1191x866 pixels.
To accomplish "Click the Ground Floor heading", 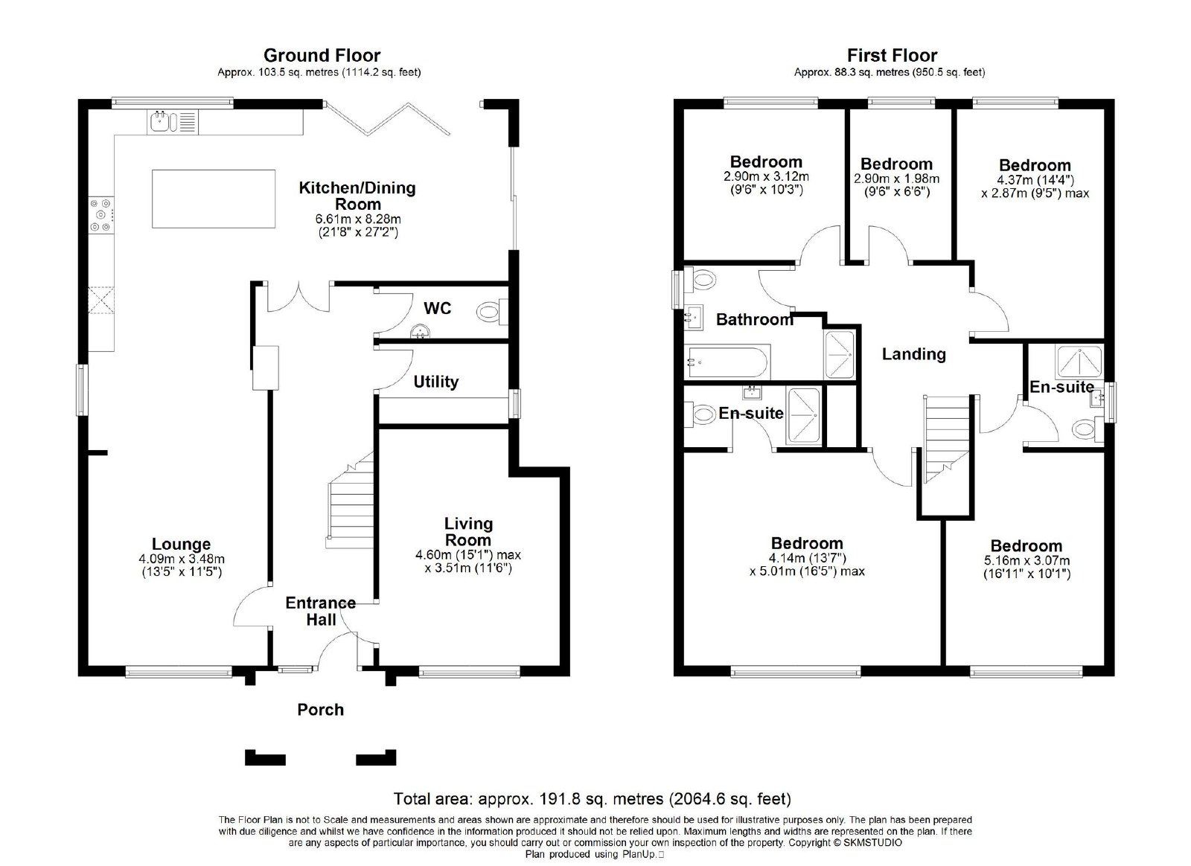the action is (x=322, y=55).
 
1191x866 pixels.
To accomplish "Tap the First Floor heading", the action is (x=892, y=55).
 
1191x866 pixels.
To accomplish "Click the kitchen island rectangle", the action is (x=213, y=199).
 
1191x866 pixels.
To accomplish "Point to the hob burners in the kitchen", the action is (x=100, y=215).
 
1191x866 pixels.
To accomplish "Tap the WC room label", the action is (x=437, y=308).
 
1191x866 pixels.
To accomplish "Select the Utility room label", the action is (x=436, y=382).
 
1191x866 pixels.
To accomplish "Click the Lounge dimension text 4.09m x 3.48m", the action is (x=182, y=559).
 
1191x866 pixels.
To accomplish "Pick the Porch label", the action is (x=320, y=709).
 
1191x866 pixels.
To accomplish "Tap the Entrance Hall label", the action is (x=321, y=611).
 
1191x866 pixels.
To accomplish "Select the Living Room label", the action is (x=468, y=532).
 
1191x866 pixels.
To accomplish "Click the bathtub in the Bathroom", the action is (x=727, y=362).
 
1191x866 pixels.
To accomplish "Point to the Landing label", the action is (x=913, y=354).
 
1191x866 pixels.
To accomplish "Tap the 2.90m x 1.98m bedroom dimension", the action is (x=896, y=179).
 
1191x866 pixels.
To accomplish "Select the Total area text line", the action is (x=593, y=798).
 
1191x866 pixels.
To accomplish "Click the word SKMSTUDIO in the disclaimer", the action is (x=872, y=843).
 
